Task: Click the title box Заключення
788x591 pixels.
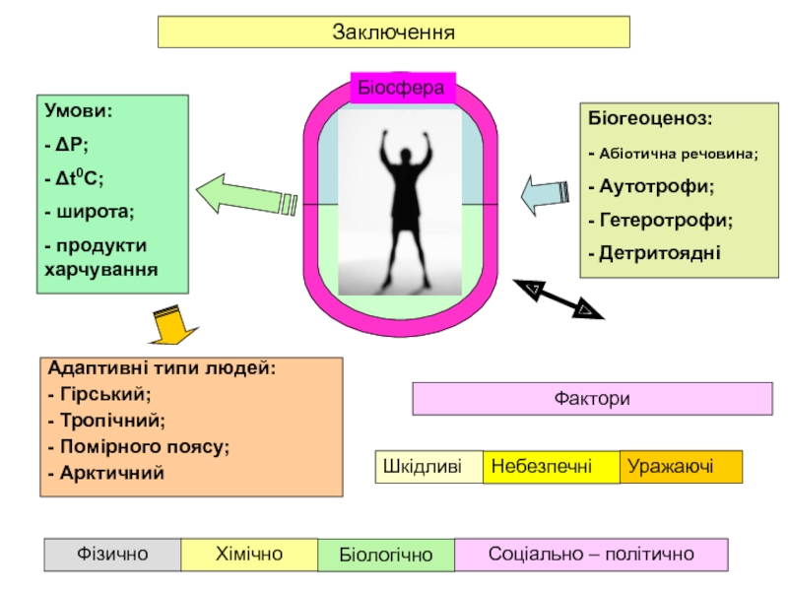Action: coord(393,32)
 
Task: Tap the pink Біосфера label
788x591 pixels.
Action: coord(400,88)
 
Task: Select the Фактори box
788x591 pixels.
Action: coord(591,400)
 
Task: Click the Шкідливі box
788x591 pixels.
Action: coord(429,466)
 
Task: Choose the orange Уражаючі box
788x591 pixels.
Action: coord(681,466)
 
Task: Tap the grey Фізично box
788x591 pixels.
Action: coord(112,555)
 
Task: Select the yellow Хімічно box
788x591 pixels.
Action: coord(248,555)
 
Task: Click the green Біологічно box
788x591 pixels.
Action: coord(385,556)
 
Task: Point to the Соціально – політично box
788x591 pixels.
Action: coord(591,555)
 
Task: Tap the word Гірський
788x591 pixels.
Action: coord(104,394)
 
